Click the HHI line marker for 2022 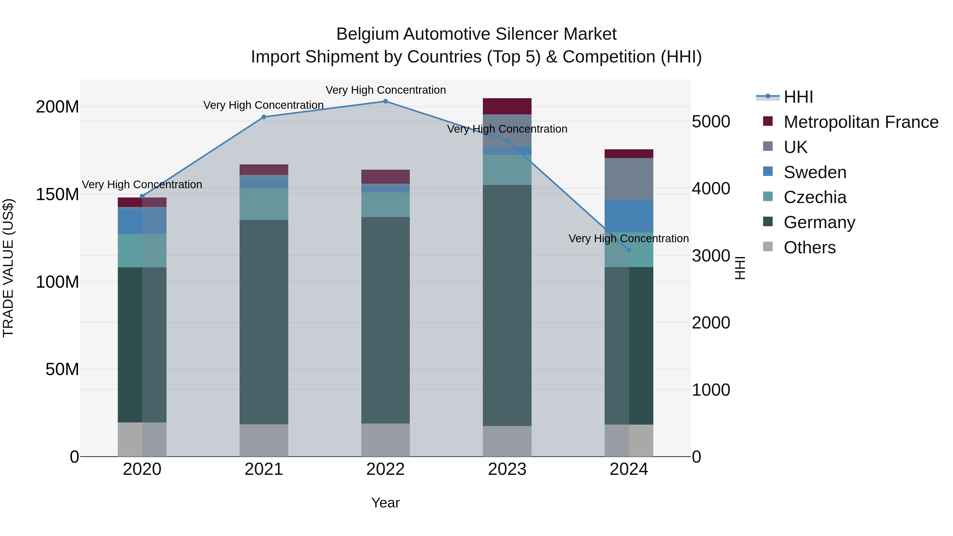(385, 101)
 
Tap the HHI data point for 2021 (264, 117)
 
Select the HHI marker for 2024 (629, 250)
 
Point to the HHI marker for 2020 (142, 196)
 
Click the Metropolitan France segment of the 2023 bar (507, 106)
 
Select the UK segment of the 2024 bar (629, 179)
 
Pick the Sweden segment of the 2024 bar (629, 216)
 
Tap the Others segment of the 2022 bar (385, 440)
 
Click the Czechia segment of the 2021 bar (264, 204)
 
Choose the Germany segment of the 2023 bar (507, 305)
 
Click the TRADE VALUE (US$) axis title (8, 268)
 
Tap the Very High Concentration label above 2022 (385, 90)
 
